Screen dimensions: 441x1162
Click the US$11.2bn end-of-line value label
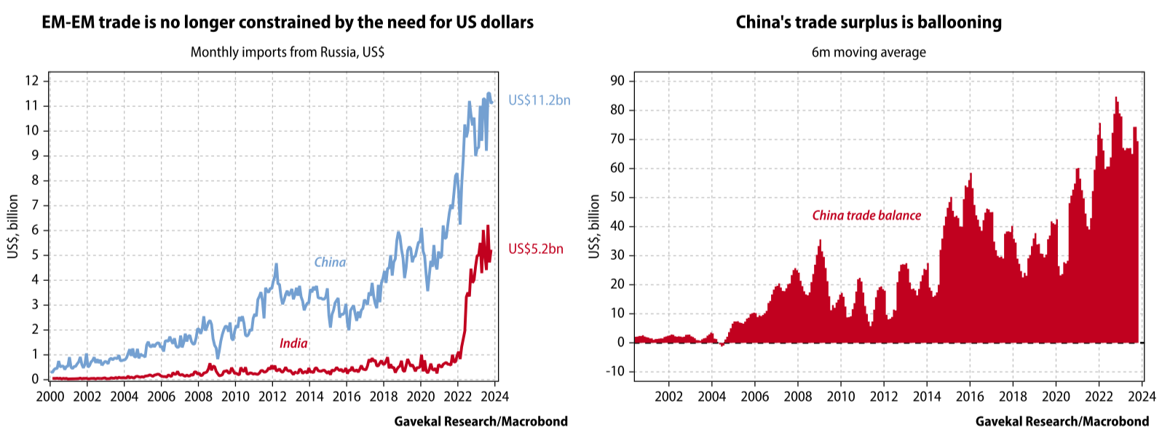click(539, 100)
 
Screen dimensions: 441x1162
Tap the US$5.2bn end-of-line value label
click(535, 249)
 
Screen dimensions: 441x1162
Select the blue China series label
click(330, 262)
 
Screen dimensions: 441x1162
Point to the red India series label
click(293, 343)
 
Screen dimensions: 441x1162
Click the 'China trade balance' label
click(866, 215)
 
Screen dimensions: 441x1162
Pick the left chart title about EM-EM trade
click(288, 22)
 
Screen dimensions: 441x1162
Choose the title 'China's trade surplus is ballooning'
click(869, 22)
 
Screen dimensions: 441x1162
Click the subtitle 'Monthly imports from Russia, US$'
click(287, 52)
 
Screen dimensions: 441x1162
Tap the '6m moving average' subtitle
click(869, 52)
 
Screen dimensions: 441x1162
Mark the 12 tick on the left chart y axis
click(31, 81)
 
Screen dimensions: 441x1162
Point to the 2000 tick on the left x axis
click(50, 397)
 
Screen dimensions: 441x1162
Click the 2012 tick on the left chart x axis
click(272, 397)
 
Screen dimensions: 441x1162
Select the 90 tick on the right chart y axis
click(617, 81)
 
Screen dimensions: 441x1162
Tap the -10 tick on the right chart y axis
click(615, 371)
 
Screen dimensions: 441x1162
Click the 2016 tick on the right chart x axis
click(970, 397)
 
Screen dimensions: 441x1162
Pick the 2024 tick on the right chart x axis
click(1142, 397)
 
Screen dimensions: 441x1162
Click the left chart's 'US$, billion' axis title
click(13, 226)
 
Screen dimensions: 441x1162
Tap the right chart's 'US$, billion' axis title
click(595, 226)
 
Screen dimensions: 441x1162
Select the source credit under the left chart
click(481, 421)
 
